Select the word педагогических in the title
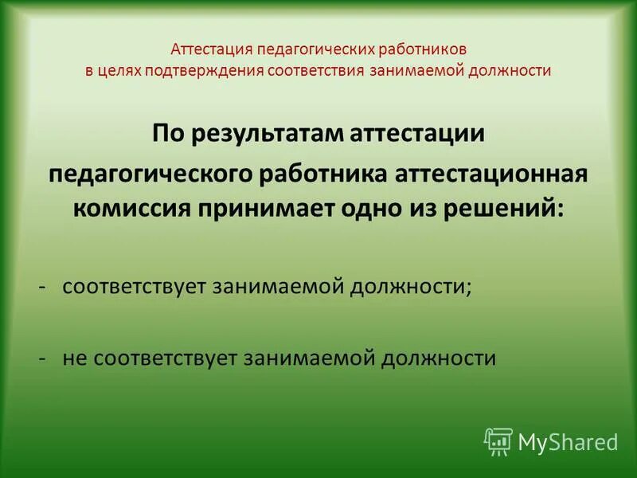point(310,49)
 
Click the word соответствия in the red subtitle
point(317,70)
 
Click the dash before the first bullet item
point(46,287)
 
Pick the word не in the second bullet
point(76,358)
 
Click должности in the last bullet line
point(438,358)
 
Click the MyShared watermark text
point(568,441)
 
